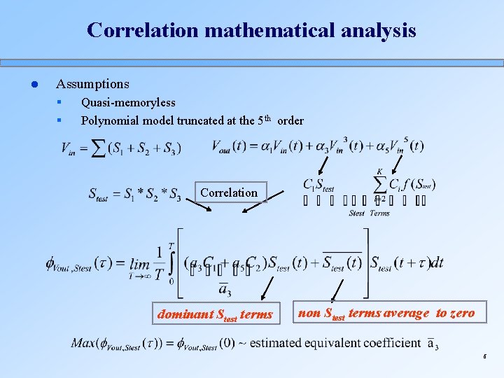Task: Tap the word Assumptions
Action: (92, 84)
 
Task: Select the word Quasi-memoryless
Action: (128, 103)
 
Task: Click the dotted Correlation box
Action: (229, 192)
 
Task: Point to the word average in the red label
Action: (407, 313)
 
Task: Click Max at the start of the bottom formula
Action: (83, 343)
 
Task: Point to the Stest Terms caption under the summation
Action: (369, 213)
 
